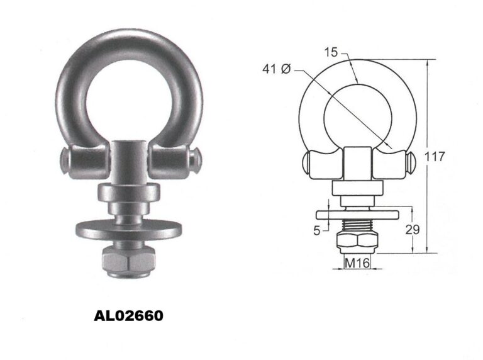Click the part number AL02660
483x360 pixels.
point(128,316)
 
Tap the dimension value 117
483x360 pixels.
point(435,157)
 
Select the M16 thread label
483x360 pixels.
point(357,263)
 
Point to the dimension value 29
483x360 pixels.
point(413,230)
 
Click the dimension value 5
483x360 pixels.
point(317,230)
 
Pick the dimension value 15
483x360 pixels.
point(331,52)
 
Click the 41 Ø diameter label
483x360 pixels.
point(276,69)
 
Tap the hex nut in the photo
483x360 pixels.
point(128,261)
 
